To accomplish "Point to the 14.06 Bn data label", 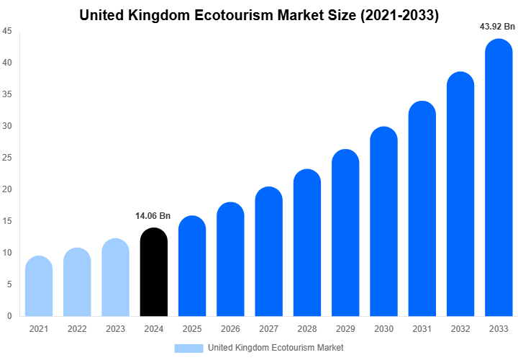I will click(x=153, y=215).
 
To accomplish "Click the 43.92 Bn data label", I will click(x=498, y=27).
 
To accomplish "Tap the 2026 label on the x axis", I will click(x=230, y=329).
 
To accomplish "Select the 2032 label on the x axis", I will click(x=460, y=329).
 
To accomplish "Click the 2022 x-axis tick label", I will click(x=77, y=329).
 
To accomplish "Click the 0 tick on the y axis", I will click(x=9, y=316).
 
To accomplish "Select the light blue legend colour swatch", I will click(x=188, y=348).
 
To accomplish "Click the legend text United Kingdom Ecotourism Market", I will click(x=276, y=348).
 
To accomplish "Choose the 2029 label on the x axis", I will click(x=345, y=329).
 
